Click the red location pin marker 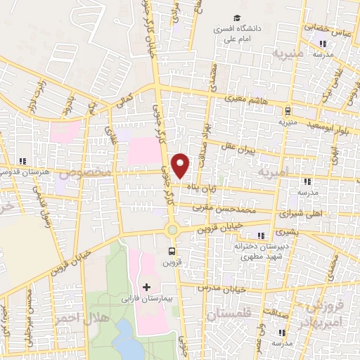(x=181, y=166)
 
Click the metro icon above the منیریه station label (x=287, y=110)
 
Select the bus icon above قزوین (x=172, y=250)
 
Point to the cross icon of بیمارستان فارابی (x=146, y=286)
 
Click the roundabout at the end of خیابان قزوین (x=172, y=230)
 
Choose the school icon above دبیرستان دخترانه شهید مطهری (x=262, y=235)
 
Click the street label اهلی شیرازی (x=299, y=213)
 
